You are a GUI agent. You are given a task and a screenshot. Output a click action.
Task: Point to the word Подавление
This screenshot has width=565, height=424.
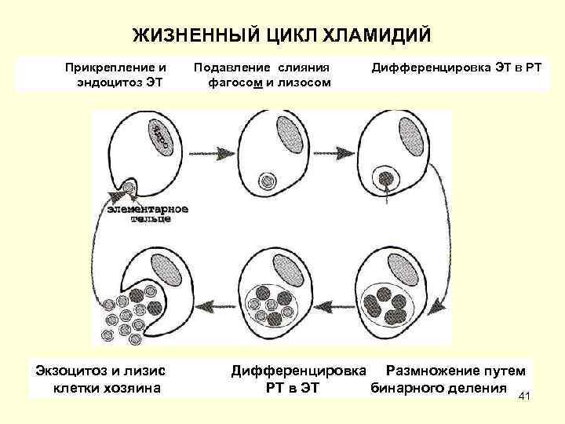pos(228,68)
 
